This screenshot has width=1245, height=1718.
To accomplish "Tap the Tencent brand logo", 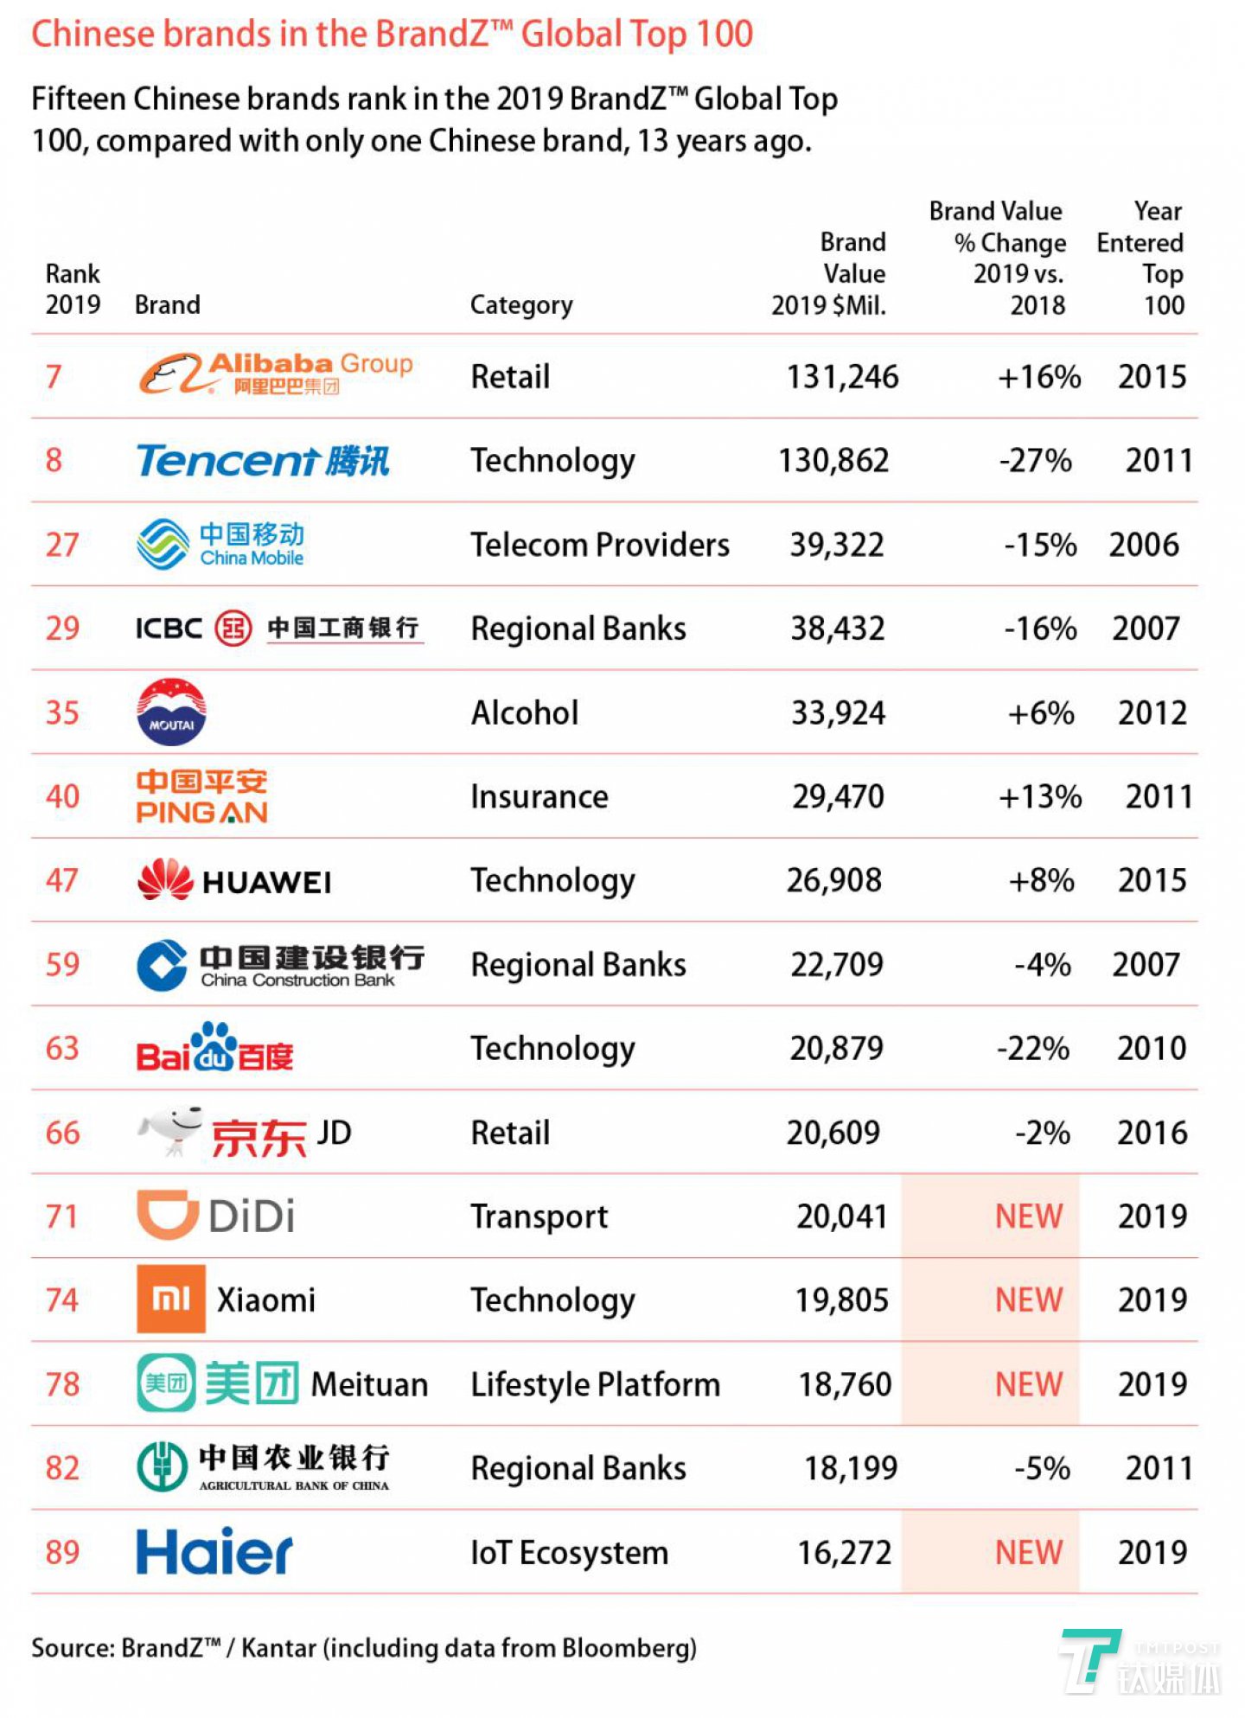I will tap(263, 460).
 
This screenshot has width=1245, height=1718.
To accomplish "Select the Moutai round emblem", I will tap(171, 712).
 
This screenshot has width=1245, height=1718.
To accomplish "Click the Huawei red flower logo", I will tap(165, 879).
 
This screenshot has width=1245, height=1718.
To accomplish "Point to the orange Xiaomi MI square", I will tap(171, 1299).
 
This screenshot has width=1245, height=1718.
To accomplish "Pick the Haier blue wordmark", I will tap(214, 1551).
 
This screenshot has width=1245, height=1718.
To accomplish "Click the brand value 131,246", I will tap(841, 377).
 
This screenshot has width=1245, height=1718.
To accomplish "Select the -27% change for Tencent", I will tap(1035, 460).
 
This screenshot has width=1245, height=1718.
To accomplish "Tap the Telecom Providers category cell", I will tap(599, 545).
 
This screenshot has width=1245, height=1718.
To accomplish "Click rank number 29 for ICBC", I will tap(62, 628).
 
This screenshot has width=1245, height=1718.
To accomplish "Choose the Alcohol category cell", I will tap(524, 712).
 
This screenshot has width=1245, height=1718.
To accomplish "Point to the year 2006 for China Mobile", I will tap(1143, 545).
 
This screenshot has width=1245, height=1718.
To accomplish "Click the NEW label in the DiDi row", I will tap(1028, 1216).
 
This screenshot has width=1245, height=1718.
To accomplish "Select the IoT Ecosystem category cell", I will tap(569, 1553).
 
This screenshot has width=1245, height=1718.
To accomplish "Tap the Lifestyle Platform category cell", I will tap(595, 1384).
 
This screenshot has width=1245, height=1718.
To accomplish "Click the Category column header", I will tap(520, 304).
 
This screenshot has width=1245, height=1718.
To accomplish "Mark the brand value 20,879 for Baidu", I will tap(836, 1048).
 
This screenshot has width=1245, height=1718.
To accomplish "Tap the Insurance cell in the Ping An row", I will tap(539, 796).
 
